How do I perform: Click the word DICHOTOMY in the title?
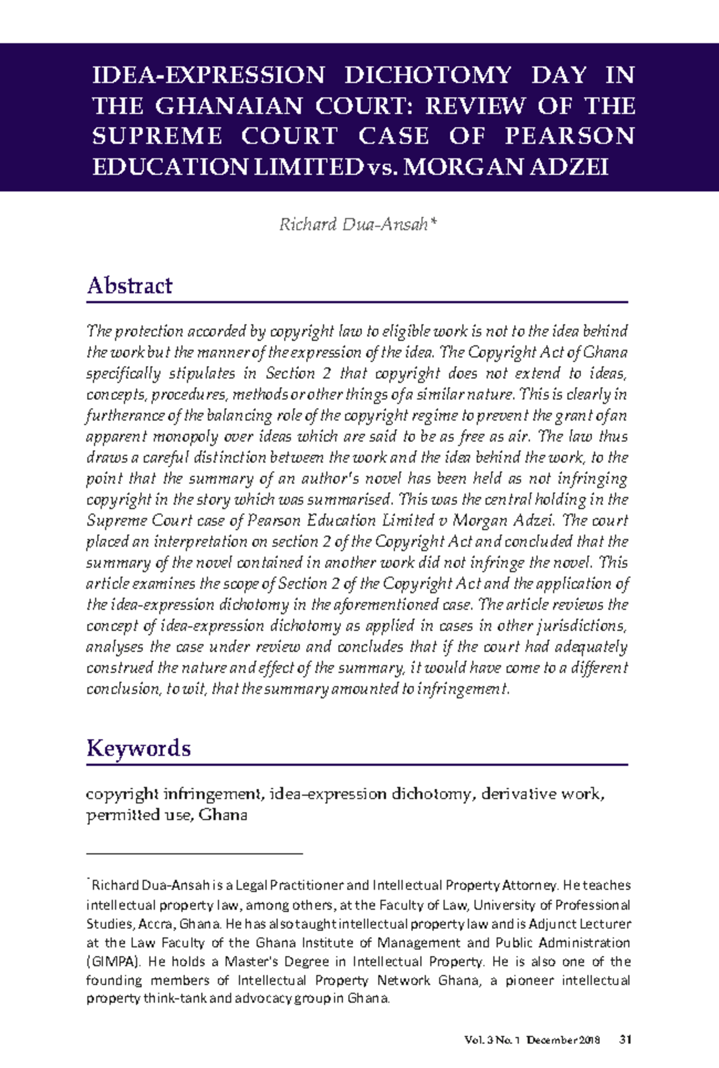[428, 75]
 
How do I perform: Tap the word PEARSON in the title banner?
[569, 136]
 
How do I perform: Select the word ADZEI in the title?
[569, 167]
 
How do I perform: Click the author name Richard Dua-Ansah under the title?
[354, 224]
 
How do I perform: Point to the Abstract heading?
[129, 285]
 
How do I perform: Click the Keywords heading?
[138, 748]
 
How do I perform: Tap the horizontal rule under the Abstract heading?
[357, 302]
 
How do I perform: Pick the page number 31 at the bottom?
[625, 1040]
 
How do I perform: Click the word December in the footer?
[552, 1040]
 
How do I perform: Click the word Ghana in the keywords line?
[223, 815]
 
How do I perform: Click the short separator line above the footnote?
[195, 852]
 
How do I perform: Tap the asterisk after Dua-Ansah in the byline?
[434, 223]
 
